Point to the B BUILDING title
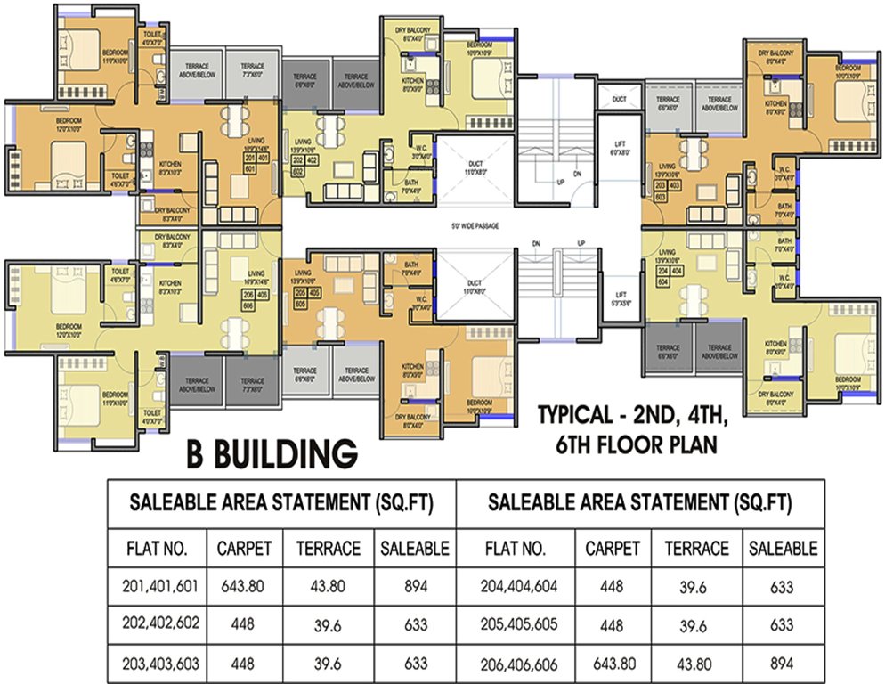[x=272, y=452]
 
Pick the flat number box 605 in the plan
[x=300, y=303]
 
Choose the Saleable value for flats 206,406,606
[x=783, y=664]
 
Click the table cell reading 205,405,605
[x=522, y=625]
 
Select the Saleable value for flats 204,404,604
[x=783, y=587]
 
